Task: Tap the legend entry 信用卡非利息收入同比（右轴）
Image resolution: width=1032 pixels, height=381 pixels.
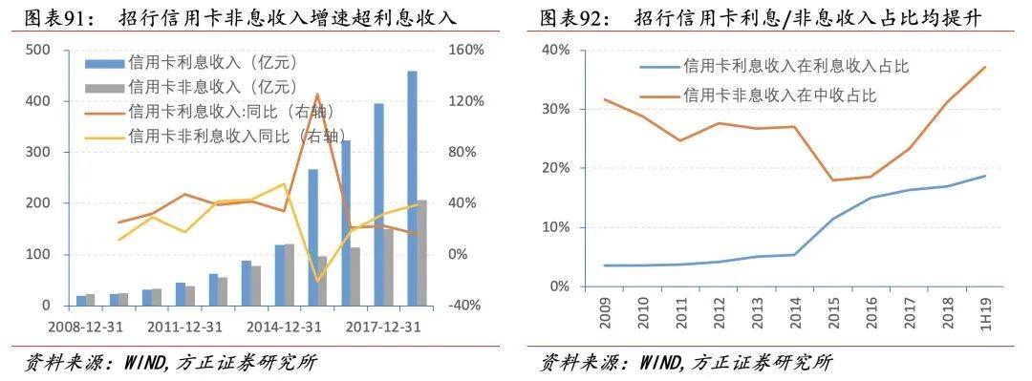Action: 229,136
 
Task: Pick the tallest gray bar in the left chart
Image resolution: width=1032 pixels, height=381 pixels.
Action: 422,252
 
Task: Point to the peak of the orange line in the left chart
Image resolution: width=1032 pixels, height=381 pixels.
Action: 316,95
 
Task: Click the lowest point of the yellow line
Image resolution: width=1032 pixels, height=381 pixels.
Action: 317,282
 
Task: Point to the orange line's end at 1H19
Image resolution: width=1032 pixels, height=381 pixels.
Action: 984,67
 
